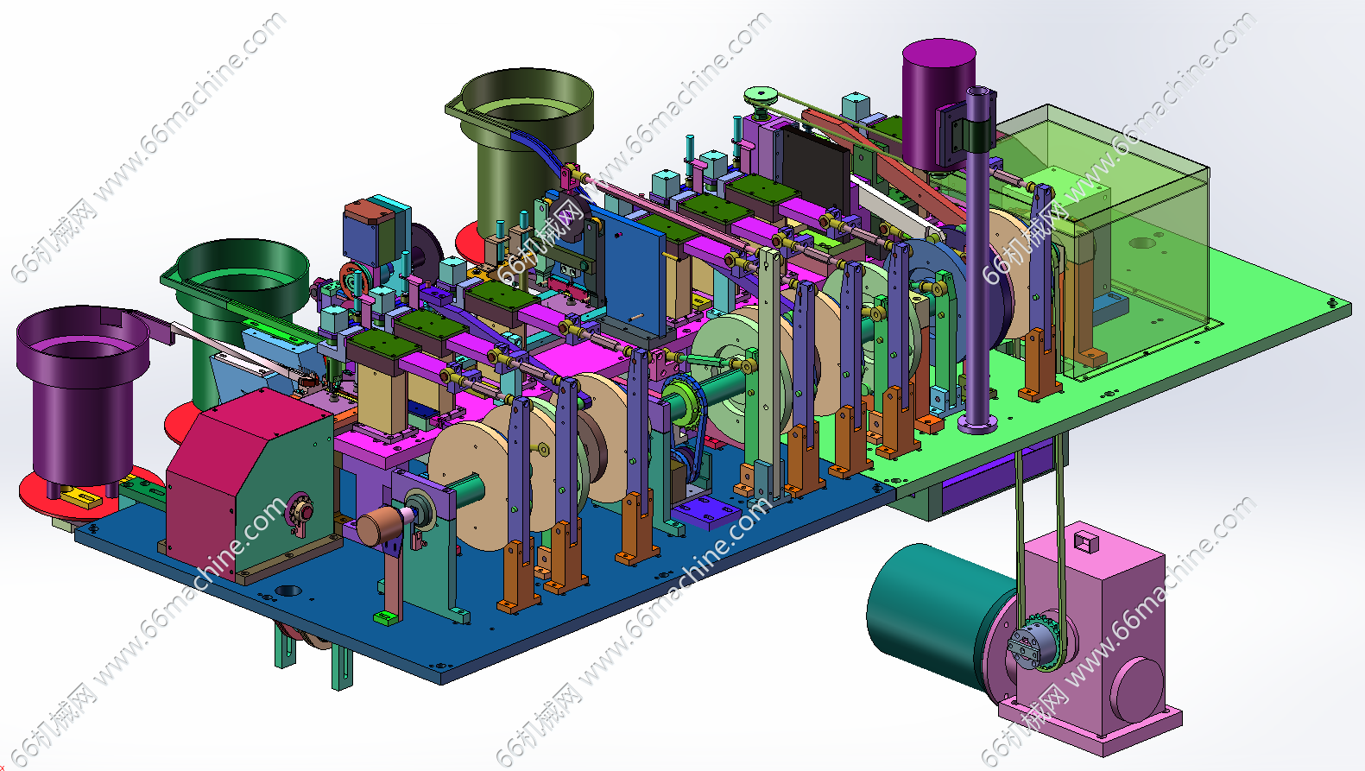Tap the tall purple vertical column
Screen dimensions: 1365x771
pos(978,262)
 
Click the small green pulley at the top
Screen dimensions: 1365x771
pos(761,98)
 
